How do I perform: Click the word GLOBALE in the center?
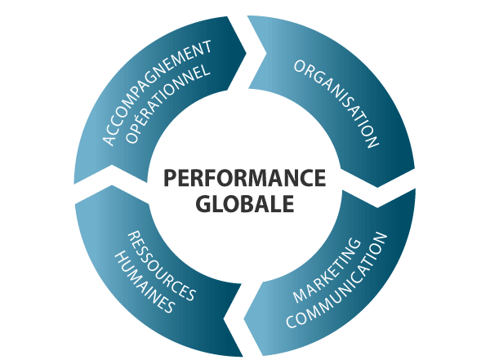(x=244, y=202)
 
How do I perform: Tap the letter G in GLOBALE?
(x=203, y=202)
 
